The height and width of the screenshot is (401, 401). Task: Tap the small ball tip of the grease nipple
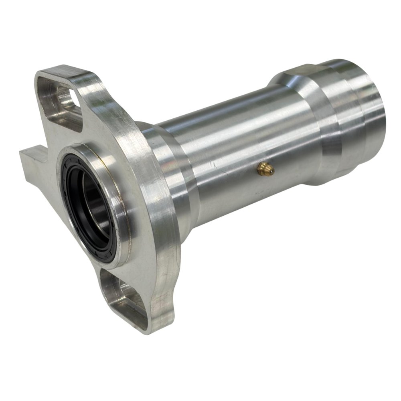click(272, 171)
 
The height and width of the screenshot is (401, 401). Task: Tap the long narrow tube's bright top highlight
click(225, 108)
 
